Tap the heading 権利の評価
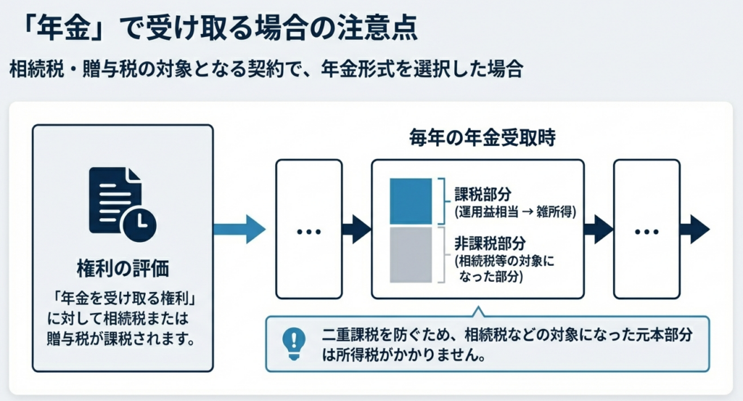click(x=123, y=269)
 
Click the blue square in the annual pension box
click(x=411, y=200)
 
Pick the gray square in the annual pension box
click(x=411, y=254)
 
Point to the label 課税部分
click(x=483, y=194)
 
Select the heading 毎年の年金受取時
click(x=477, y=138)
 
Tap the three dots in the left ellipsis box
click(x=309, y=231)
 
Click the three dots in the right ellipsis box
click(x=646, y=231)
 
